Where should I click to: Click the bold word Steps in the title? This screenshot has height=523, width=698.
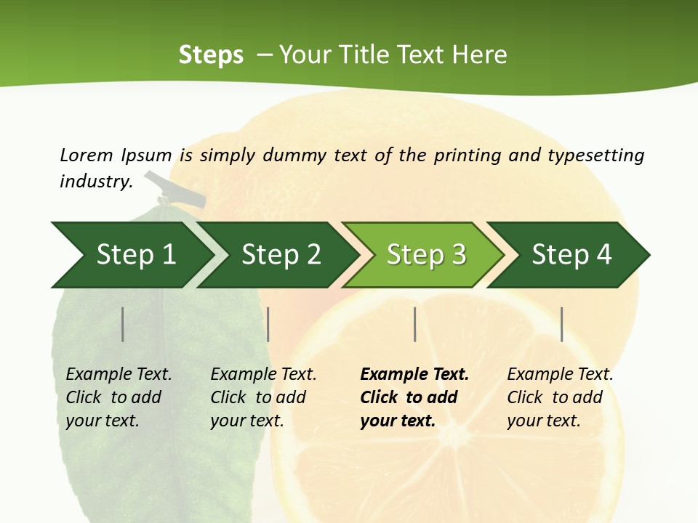[211, 55]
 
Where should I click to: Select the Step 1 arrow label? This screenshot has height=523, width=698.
[136, 254]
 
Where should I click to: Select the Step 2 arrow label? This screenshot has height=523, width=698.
[281, 254]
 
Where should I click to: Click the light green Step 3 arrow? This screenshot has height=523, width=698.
[426, 254]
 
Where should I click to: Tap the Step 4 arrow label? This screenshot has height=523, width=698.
[571, 254]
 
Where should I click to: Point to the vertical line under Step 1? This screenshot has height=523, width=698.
[123, 324]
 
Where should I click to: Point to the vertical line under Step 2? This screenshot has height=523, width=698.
[268, 324]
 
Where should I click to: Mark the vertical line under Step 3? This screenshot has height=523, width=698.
[414, 324]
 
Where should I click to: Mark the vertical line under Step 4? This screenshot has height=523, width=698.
[561, 324]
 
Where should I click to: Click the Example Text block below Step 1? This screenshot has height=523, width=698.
[119, 397]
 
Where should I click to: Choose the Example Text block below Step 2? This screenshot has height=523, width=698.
[263, 397]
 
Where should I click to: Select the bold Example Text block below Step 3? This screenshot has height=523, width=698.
[414, 397]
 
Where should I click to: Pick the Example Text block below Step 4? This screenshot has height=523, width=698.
[560, 397]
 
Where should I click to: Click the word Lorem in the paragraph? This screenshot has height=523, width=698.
[86, 155]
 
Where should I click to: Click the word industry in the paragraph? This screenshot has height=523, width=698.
[95, 182]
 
